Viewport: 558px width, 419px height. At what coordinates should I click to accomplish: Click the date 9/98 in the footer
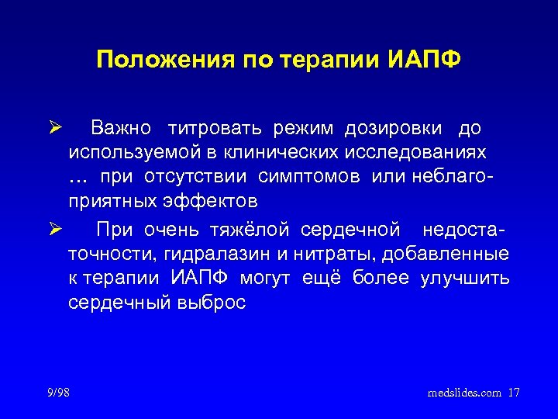[x=57, y=393]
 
